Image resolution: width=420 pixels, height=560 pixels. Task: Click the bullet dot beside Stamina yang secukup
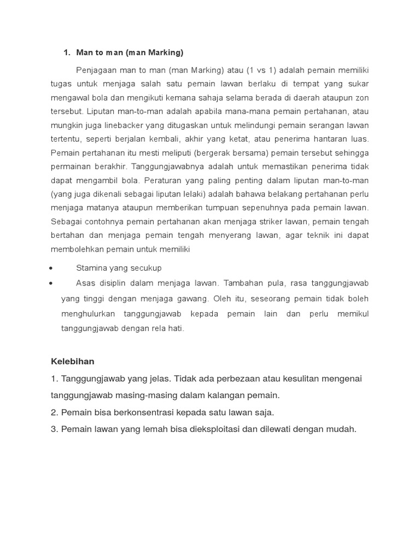pyautogui.click(x=51, y=268)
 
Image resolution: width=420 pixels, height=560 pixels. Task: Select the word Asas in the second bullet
pyautogui.click(x=86, y=283)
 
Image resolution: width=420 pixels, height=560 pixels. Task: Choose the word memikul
pyautogui.click(x=354, y=314)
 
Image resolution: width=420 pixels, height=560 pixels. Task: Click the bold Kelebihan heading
pyautogui.click(x=73, y=361)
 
